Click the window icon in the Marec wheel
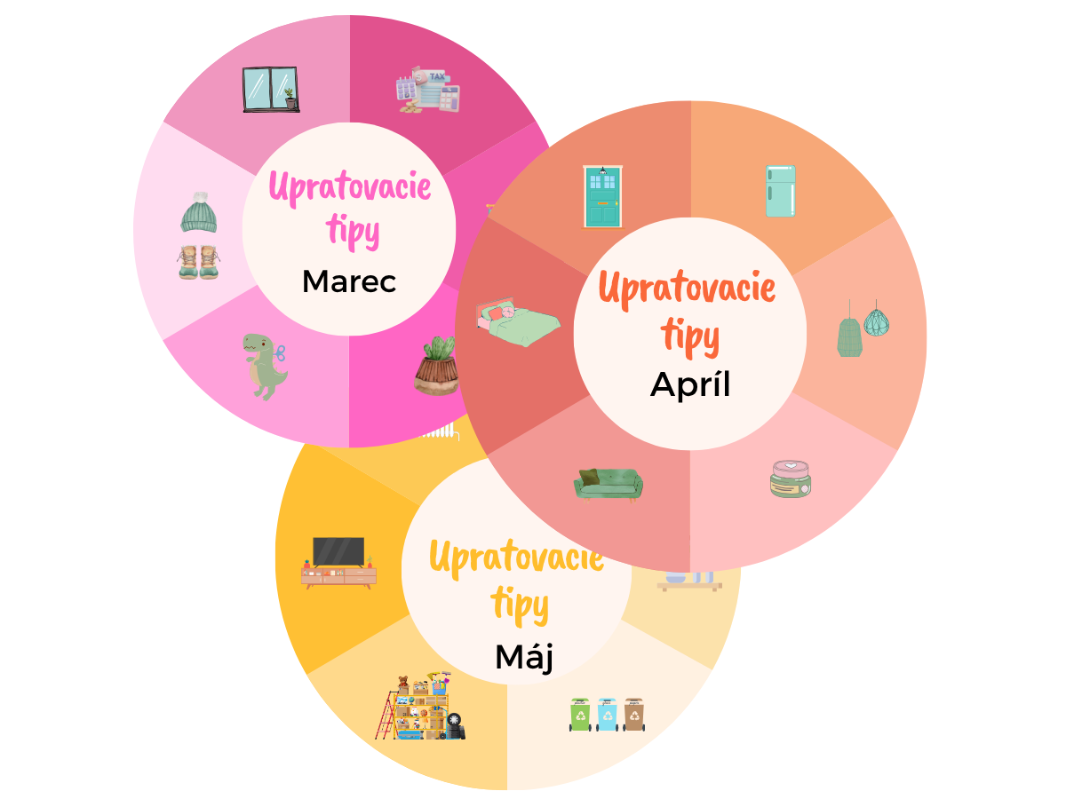(271, 90)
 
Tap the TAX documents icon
(427, 90)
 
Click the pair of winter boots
(198, 262)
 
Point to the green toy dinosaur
(265, 367)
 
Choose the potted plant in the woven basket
(435, 367)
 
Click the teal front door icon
(602, 197)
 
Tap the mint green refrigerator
(780, 191)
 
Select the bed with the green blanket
(518, 321)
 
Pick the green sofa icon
(608, 485)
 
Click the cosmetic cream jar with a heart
(790, 479)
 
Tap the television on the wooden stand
(338, 563)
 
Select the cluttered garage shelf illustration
(420, 706)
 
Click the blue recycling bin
(607, 714)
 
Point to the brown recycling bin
(633, 714)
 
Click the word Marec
(349, 281)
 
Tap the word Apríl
(689, 384)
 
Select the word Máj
(524, 657)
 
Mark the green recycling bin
(580, 714)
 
